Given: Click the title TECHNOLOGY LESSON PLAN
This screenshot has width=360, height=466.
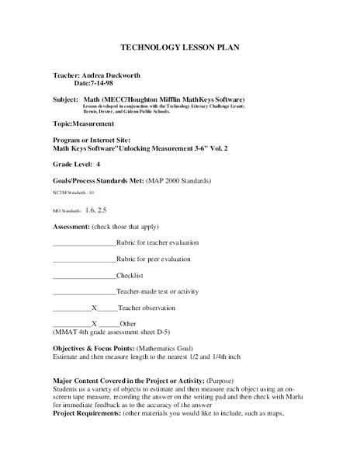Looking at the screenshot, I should [x=179, y=47].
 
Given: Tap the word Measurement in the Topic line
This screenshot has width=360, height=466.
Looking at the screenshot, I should [x=94, y=123].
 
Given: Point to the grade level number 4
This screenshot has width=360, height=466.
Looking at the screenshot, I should [x=99, y=165].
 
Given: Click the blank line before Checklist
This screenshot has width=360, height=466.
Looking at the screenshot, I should [x=83, y=275].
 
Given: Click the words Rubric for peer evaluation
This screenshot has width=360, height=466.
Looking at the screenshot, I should [x=154, y=259].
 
